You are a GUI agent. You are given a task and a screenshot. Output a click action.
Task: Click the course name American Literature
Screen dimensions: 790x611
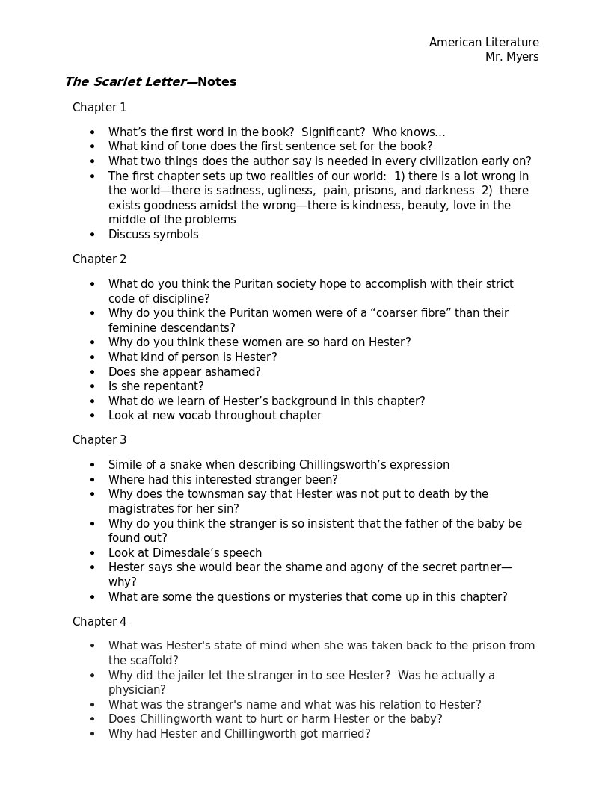[x=484, y=43]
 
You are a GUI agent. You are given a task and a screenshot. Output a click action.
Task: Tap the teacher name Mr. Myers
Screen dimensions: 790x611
[x=512, y=57]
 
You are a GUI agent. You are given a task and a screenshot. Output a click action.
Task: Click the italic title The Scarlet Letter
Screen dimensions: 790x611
[x=124, y=82]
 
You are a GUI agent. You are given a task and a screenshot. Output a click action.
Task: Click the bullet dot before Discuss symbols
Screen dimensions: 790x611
[x=93, y=235]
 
